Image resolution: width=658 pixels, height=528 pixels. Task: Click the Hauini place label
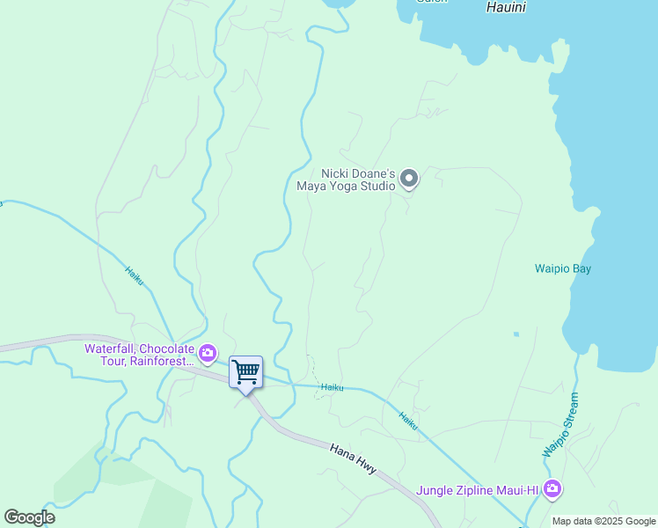(x=506, y=7)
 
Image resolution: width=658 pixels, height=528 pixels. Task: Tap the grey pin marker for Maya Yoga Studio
(x=408, y=180)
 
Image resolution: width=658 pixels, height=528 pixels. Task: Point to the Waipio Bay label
(x=563, y=268)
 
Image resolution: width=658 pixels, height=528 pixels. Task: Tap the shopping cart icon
(x=246, y=370)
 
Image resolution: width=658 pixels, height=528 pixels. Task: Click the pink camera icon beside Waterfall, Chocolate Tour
(x=208, y=354)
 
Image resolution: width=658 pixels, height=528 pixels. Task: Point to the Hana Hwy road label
(x=354, y=459)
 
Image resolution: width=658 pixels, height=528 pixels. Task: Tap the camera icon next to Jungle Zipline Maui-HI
(x=552, y=488)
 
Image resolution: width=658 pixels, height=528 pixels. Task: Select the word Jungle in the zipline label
(x=435, y=489)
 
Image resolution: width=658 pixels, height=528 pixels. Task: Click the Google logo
(x=29, y=517)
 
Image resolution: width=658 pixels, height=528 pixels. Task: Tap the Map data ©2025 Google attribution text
(x=604, y=521)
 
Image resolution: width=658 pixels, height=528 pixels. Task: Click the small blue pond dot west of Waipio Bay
(x=515, y=334)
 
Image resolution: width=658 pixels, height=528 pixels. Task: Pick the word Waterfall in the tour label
(x=110, y=348)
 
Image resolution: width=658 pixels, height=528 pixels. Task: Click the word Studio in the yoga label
(x=378, y=187)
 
